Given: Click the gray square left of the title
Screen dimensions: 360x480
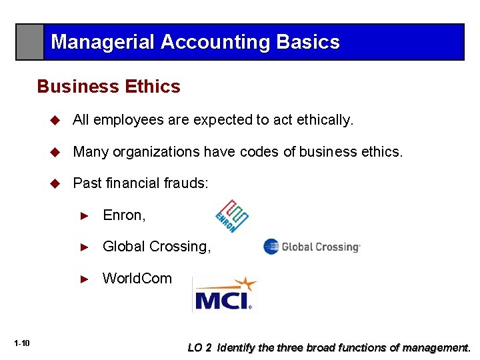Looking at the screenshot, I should coord(30,42).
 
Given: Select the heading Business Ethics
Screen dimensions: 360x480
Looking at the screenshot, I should coord(109,87).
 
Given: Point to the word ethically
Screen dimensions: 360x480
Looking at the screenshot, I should coord(326,120).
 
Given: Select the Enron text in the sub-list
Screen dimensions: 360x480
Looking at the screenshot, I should coord(124,215).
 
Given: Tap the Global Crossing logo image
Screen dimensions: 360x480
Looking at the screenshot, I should coord(311,247).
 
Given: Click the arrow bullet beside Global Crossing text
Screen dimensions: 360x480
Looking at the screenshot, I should coord(84,247).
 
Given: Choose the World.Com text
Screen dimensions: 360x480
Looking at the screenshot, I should coord(137,278).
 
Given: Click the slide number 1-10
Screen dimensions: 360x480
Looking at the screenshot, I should coord(21,343).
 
